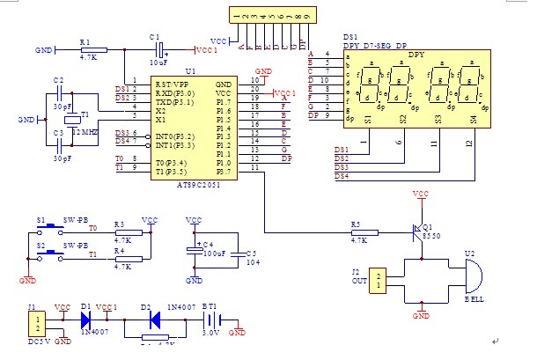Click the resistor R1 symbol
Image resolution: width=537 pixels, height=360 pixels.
(92, 49)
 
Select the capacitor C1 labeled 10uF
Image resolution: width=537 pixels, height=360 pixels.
(158, 49)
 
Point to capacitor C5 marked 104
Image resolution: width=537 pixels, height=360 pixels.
(238, 252)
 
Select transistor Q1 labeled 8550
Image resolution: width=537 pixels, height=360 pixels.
(420, 231)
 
